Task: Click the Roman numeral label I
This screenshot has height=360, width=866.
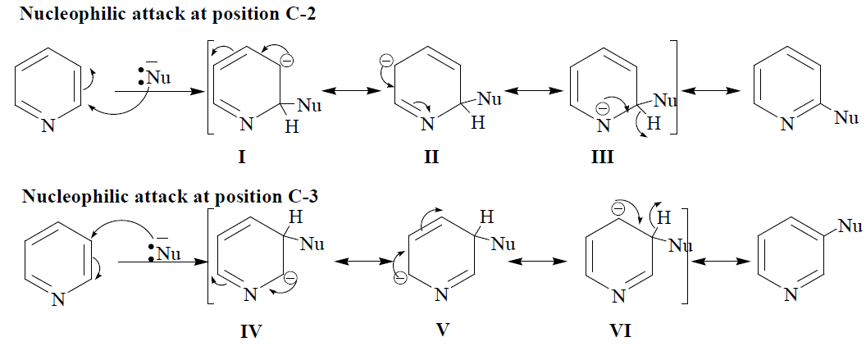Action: [243, 157]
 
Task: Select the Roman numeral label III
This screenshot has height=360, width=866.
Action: [603, 157]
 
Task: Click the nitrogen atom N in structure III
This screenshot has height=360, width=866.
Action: [603, 125]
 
